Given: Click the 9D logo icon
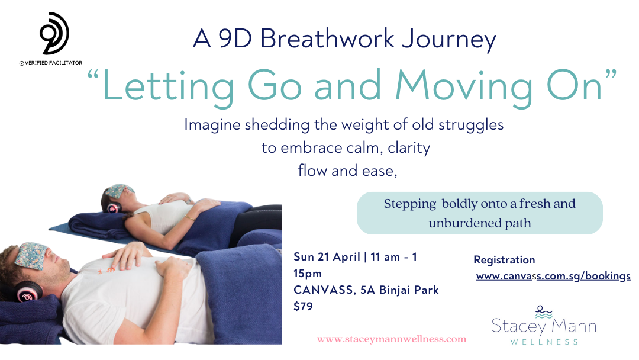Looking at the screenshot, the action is point(54,33).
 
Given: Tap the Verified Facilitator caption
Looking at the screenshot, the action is point(51,63).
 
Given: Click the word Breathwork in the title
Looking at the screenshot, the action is point(327,38).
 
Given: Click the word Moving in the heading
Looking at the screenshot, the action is point(464,86).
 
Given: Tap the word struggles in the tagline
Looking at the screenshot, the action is point(471,125).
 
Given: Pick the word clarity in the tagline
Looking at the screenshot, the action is point(409,148).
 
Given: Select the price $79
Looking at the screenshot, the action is point(303,306).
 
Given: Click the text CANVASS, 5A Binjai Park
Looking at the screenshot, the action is point(366,290).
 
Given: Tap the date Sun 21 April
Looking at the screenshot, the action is point(327,257).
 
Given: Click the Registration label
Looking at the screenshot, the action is point(504,260).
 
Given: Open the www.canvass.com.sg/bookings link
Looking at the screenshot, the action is point(553,276).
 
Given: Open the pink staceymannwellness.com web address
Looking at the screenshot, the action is point(392,339).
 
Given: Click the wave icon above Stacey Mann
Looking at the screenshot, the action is point(544,312).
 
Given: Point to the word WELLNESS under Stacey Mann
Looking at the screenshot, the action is point(544,342).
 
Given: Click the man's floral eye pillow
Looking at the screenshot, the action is point(32,255).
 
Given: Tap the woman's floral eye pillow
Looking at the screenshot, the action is point(118,191).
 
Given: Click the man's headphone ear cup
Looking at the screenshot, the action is point(27,292).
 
